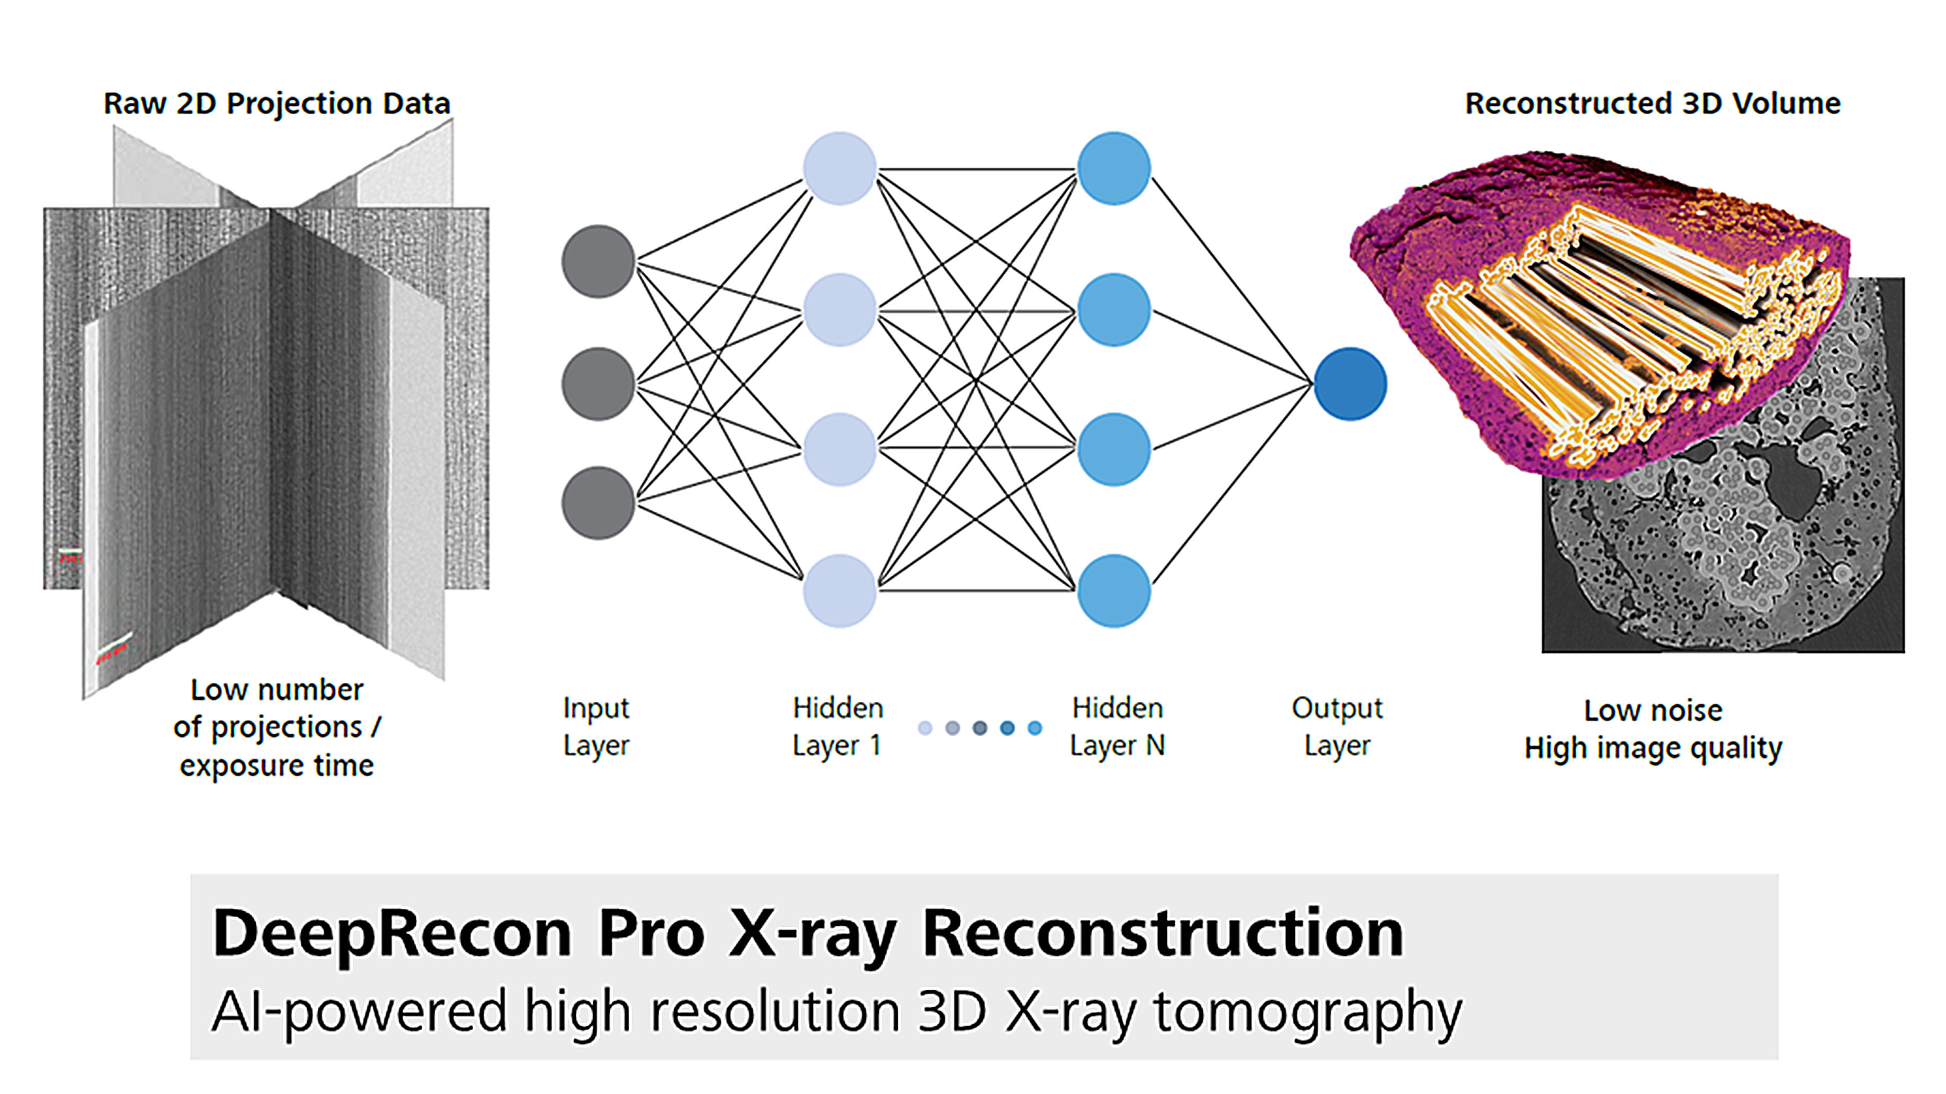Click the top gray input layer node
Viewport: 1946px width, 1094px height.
point(597,261)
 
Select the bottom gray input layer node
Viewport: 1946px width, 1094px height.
point(597,503)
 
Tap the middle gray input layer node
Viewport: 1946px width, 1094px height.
point(597,384)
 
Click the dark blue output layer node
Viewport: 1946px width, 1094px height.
point(1350,384)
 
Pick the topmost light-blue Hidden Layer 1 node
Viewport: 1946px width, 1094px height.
point(840,168)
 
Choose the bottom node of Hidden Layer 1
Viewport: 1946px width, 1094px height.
point(840,591)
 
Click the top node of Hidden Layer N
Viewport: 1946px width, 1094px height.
point(1113,168)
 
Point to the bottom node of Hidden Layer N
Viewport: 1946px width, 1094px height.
point(1113,591)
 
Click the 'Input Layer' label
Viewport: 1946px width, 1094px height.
point(596,726)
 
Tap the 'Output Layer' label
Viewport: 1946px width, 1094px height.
point(1337,726)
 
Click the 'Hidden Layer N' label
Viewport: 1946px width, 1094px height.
point(1117,726)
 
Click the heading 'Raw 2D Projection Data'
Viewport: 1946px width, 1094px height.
point(276,103)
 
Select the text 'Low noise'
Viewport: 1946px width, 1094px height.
point(1653,710)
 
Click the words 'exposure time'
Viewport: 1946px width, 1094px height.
point(276,765)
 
